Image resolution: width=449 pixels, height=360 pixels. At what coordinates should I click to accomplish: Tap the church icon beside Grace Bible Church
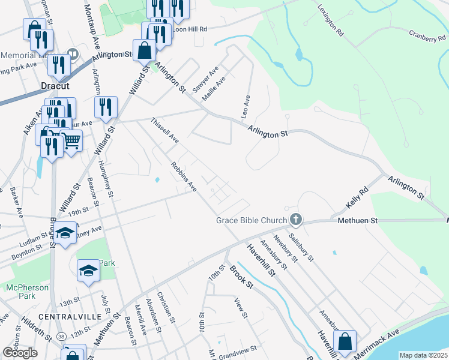tap(295, 220)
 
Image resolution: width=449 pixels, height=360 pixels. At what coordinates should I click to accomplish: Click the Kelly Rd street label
tap(355, 197)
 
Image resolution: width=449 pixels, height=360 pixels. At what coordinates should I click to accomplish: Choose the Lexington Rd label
tap(330, 21)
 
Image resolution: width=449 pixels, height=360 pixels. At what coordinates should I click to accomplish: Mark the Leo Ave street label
tap(245, 105)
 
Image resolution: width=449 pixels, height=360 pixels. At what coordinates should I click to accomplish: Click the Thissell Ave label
tap(165, 130)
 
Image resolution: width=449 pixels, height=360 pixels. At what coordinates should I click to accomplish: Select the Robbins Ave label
tap(184, 176)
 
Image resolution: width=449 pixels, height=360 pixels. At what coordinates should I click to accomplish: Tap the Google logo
tap(20, 353)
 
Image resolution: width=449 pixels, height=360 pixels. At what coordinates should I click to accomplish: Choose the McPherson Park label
tap(28, 292)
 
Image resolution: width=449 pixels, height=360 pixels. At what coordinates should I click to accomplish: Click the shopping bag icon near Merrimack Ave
tap(345, 342)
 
